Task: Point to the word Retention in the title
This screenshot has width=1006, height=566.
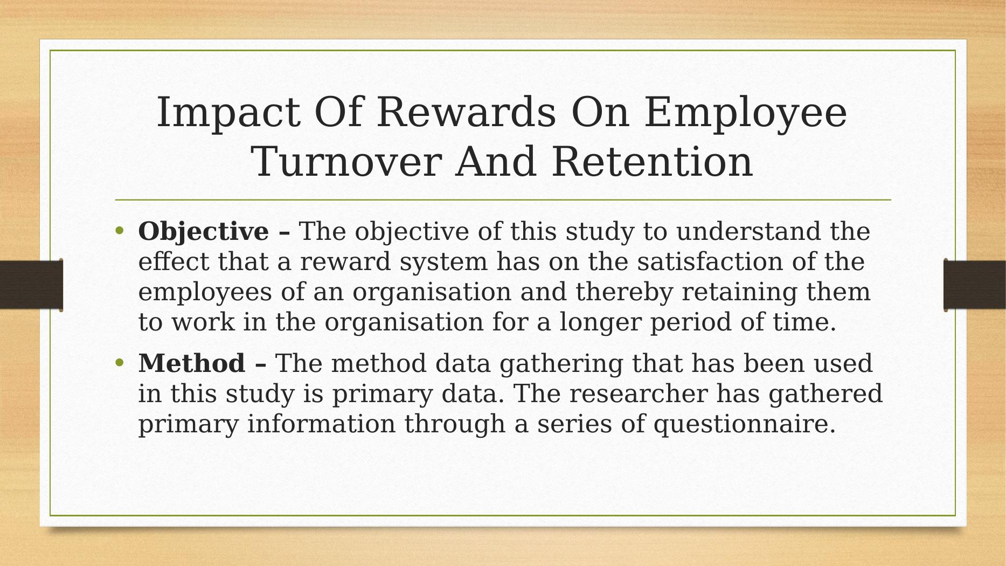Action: pos(652,162)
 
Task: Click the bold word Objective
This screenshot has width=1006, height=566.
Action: pos(204,232)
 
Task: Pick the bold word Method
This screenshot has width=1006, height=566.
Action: pos(192,363)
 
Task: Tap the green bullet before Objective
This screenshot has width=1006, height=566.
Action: pos(120,231)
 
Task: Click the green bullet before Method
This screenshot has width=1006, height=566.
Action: pos(120,363)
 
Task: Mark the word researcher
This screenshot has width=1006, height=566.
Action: pos(638,393)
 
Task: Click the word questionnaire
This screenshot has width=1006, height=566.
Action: pos(745,424)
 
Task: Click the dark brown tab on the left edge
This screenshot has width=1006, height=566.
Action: pos(31,285)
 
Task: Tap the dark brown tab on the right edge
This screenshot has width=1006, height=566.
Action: pos(975,285)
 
